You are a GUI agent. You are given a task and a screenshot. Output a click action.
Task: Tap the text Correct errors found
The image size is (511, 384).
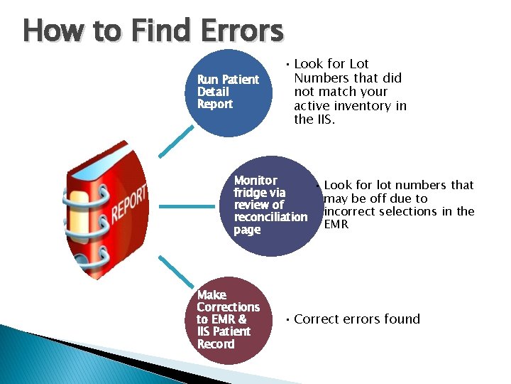[x=357, y=319]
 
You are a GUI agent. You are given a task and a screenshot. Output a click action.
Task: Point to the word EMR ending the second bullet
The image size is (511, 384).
[x=336, y=225]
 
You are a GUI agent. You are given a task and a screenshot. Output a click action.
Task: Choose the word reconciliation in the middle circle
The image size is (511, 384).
[x=270, y=217]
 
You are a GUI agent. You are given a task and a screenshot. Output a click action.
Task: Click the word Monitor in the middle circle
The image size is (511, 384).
[x=255, y=181]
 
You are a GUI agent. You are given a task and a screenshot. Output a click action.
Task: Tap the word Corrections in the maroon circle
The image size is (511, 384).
[x=229, y=307]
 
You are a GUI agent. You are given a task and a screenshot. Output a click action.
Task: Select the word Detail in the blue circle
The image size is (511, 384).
[x=213, y=92]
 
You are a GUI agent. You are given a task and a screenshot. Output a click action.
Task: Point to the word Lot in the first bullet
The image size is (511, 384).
[x=359, y=64]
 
